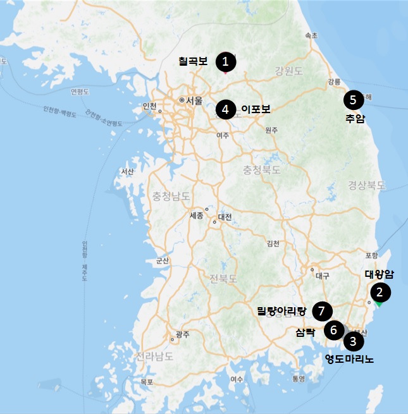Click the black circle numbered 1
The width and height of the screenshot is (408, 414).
coord(226,62)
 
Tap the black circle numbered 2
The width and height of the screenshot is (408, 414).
coord(380,292)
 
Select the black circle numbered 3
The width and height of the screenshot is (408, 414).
coord(353,342)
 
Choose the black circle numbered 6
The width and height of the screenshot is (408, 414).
coord(333,330)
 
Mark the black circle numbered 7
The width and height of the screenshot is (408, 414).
coord(323,310)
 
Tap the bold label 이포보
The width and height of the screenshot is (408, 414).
coord(256,109)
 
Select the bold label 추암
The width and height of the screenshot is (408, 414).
coord(355,118)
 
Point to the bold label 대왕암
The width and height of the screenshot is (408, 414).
coord(380,274)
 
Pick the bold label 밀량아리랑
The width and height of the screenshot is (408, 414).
coord(281,310)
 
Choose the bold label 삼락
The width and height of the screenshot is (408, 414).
coord(305,331)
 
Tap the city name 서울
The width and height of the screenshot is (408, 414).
coord(193,100)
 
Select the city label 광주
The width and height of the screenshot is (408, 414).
coord(182,334)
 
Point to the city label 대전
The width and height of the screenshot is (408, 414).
coord(225,217)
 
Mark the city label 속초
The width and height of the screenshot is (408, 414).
coord(311,36)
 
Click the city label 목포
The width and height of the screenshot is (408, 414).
coord(147,382)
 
